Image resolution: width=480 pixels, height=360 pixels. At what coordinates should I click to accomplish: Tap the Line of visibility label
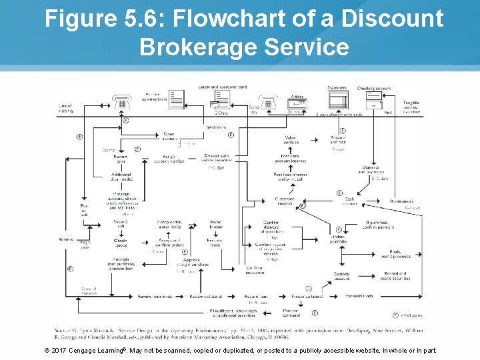pos(65,108)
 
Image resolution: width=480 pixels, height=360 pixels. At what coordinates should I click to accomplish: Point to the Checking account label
pos(374,88)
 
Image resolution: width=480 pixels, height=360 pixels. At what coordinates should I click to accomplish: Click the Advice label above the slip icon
pos(297,97)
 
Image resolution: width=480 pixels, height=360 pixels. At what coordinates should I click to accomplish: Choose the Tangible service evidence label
pos(411,107)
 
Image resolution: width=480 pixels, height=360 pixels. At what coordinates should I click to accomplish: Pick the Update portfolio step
pos(338,239)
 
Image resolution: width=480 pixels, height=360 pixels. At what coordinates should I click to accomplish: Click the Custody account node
pos(341,276)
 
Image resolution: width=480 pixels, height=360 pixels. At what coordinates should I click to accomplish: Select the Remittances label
pos(402,201)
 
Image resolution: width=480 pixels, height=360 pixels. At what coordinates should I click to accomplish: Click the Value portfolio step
pos(291,141)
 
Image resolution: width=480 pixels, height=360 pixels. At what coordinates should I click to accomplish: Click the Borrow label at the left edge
pos(66,239)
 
